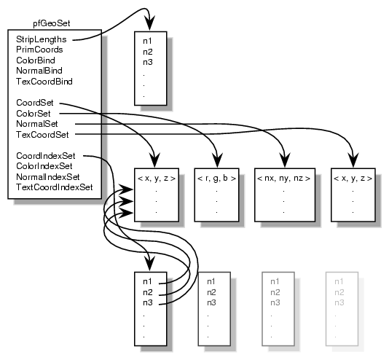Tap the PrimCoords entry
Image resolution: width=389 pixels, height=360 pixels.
point(38,50)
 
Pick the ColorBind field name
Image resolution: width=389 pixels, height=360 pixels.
point(35,60)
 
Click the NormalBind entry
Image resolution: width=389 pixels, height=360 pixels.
point(38,71)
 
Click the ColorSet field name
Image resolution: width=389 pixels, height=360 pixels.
point(34,113)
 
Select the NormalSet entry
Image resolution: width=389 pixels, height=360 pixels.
point(37,124)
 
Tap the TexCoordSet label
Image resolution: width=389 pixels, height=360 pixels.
point(42,134)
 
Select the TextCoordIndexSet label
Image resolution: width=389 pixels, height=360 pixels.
point(54,187)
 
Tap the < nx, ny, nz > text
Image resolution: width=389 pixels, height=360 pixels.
point(283,177)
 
